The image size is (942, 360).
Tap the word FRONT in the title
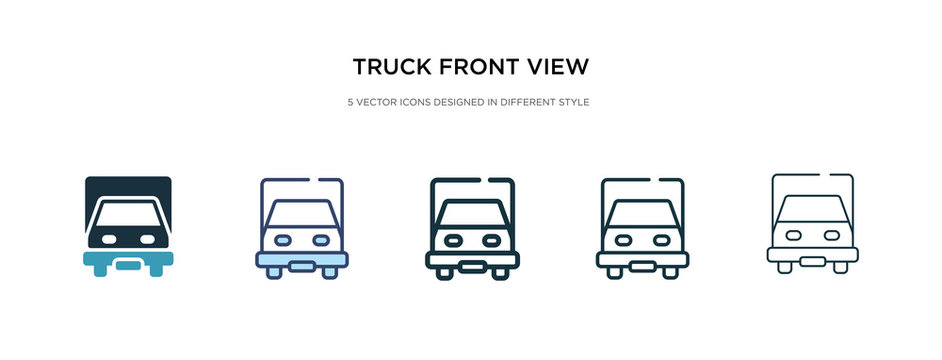[476, 67]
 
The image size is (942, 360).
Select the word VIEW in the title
[558, 67]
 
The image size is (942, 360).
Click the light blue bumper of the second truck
[301, 260]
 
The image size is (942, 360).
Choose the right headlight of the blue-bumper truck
[320, 240]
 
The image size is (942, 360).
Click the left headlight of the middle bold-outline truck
[452, 240]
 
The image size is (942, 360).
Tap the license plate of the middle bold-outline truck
[472, 264]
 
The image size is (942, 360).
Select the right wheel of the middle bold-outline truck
[501, 272]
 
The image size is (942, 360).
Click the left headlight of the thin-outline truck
[794, 235]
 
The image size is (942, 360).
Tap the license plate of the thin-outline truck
[813, 260]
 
